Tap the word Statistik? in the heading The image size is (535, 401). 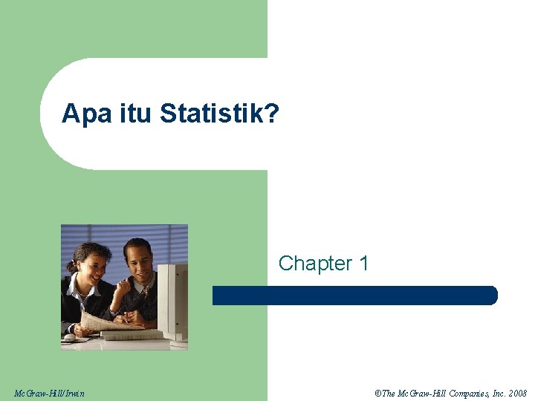pyautogui.click(x=219, y=114)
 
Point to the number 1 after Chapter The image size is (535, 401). pyautogui.click(x=363, y=264)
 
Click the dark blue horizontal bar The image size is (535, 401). pyautogui.click(x=355, y=296)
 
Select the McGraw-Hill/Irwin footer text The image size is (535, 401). pyautogui.click(x=49, y=393)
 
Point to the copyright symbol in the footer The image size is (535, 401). pyautogui.click(x=378, y=393)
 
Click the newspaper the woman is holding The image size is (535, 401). pyautogui.click(x=104, y=321)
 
